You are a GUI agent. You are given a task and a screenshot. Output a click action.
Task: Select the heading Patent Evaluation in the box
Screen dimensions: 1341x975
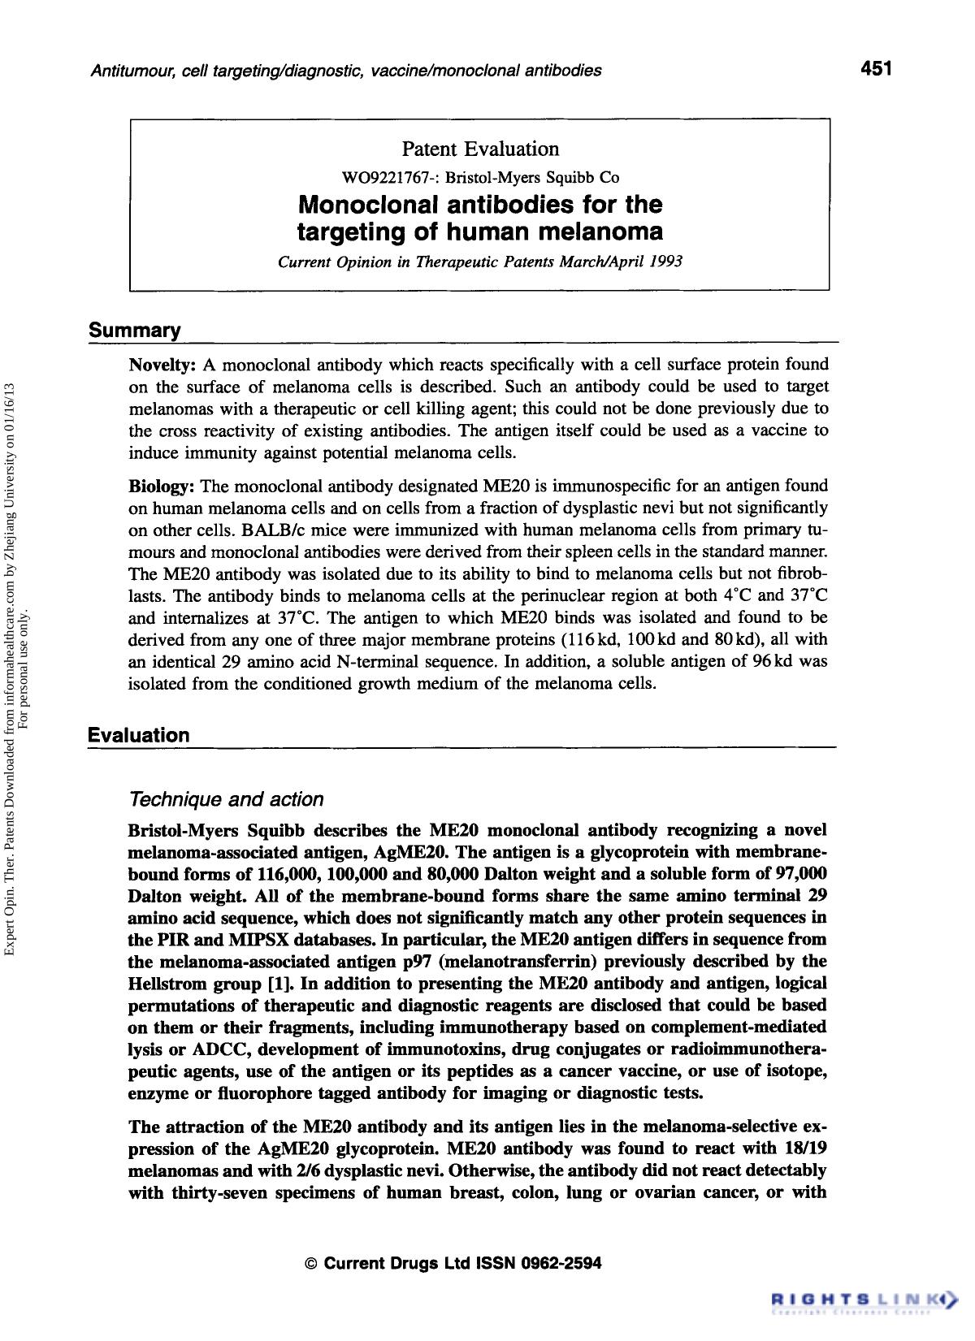tap(480, 149)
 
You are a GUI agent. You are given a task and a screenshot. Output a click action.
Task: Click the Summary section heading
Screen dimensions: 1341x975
tap(134, 331)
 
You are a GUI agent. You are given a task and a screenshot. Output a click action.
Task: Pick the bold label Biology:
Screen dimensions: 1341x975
tap(162, 487)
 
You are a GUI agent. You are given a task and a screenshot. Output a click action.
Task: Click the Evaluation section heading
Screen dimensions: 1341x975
tap(139, 735)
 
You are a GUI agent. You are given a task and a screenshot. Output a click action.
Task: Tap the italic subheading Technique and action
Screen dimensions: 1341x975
tap(226, 799)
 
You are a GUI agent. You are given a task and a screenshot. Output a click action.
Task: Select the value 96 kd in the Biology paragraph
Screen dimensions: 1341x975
tap(773, 662)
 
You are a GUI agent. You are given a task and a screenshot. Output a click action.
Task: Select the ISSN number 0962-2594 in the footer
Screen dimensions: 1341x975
tap(561, 1264)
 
